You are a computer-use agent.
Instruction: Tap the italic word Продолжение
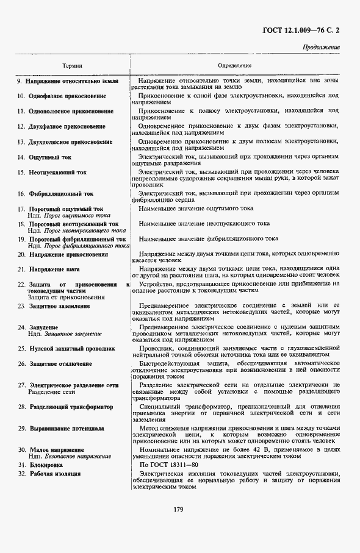pos(321,48)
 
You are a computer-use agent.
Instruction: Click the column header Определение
pos(235,65)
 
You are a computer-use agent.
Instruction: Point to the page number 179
pos(179,510)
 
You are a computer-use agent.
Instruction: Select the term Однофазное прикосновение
pos(67,96)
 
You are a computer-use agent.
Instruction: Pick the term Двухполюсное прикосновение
pos(70,142)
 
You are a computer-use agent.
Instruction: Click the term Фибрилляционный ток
pos(61,194)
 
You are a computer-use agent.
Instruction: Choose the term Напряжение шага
pos(54,269)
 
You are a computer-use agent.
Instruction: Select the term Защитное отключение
pos(60,364)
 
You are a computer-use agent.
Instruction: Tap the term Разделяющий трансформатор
pos(71,407)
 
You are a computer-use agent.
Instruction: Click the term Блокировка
pos(48,465)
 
